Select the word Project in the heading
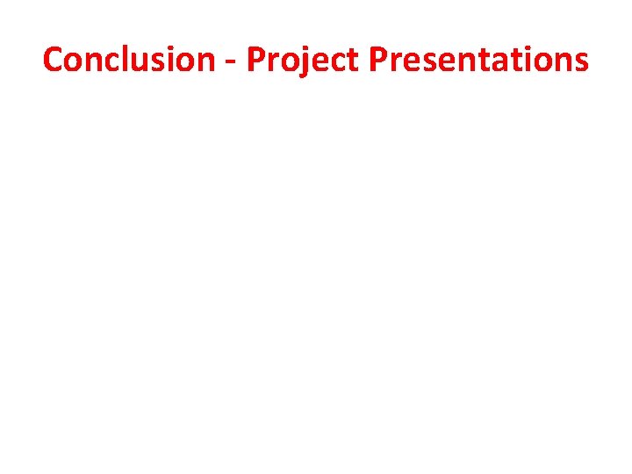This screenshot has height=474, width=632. pyautogui.click(x=304, y=60)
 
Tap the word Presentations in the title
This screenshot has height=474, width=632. pyautogui.click(x=479, y=60)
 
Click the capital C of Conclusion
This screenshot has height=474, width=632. pyautogui.click(x=53, y=60)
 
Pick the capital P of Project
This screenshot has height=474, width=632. pyautogui.click(x=255, y=60)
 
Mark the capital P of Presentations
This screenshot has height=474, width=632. pyautogui.click(x=377, y=60)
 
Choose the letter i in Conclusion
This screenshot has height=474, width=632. pyautogui.click(x=170, y=59)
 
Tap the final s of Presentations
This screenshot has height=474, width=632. pyautogui.click(x=580, y=61)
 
